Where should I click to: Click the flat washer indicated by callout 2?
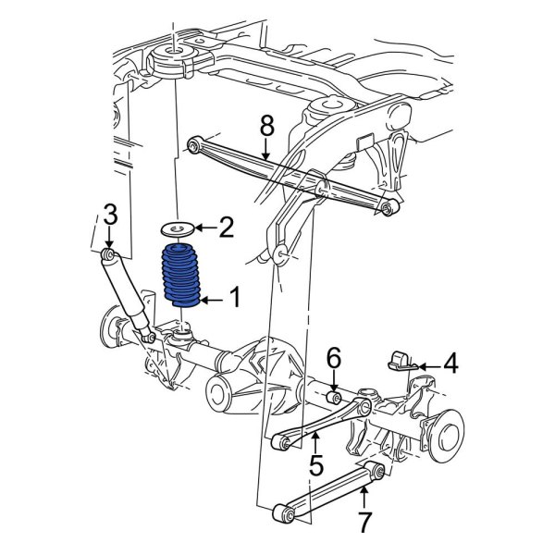177,229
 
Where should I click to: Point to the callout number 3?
110,214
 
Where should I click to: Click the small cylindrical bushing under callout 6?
333,398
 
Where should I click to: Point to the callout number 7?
364,522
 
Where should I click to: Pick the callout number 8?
267,126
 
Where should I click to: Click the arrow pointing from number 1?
212,301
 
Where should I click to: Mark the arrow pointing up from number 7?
364,498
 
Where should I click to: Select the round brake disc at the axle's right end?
447,436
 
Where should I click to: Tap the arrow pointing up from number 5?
314,442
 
